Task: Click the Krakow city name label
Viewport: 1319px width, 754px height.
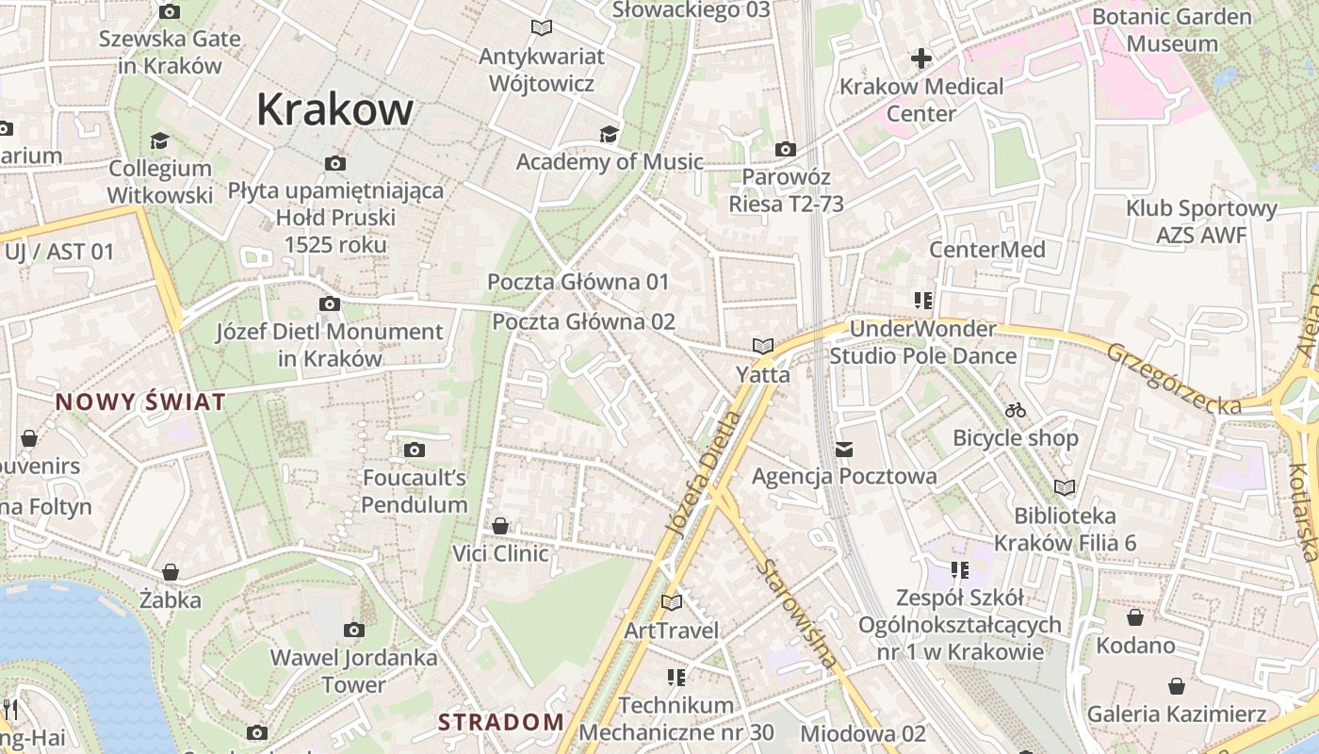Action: point(334,109)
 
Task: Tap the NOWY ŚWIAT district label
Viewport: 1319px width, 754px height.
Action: point(140,402)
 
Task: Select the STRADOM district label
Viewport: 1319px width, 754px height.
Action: point(501,723)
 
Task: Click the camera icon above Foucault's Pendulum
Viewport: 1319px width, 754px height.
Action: point(415,450)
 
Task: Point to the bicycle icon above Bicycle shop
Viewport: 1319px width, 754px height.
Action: point(1015,410)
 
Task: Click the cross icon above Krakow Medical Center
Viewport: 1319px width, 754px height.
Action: point(920,59)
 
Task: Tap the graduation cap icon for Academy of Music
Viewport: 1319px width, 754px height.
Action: point(609,134)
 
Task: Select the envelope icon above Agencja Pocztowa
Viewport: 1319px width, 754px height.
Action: point(843,449)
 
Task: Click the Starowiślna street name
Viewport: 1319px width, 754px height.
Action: point(797,614)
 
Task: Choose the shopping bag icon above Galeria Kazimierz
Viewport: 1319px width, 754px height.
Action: point(1176,685)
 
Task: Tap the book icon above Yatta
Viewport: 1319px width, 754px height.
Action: point(762,347)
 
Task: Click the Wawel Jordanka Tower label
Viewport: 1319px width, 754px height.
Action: point(354,671)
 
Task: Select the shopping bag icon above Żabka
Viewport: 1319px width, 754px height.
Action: point(171,572)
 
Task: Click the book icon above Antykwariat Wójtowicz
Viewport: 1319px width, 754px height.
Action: point(541,28)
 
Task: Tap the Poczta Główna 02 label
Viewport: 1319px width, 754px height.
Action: point(584,321)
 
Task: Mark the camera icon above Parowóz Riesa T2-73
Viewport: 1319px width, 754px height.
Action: point(785,149)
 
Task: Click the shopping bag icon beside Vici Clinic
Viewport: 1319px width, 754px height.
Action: point(500,525)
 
